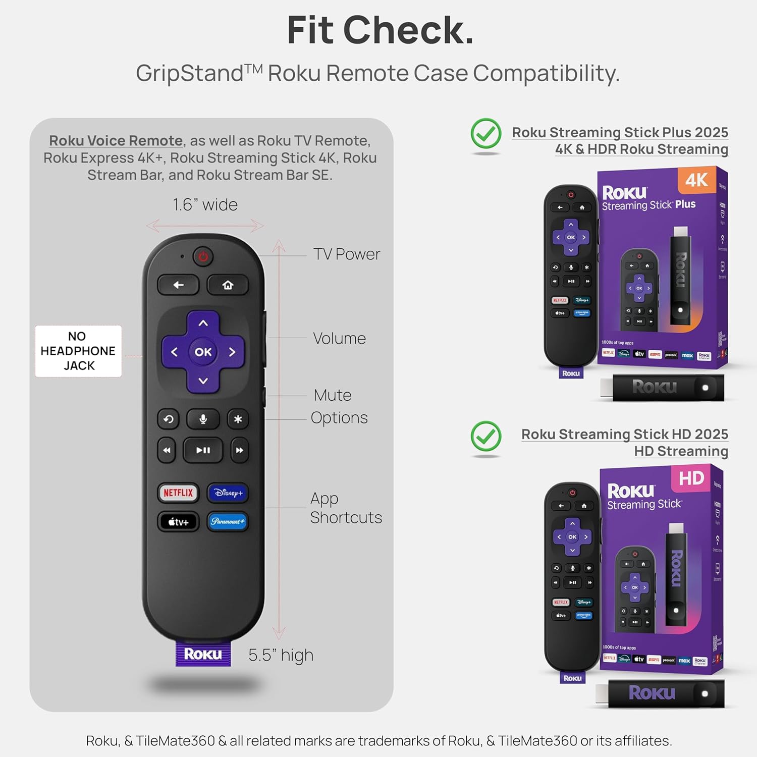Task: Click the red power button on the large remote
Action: [x=203, y=256]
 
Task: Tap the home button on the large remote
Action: [x=228, y=285]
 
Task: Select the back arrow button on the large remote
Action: [x=179, y=285]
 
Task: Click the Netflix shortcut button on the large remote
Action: [x=178, y=493]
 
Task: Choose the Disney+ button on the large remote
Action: [x=228, y=493]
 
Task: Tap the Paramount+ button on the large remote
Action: [x=228, y=521]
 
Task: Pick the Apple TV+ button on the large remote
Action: [x=178, y=522]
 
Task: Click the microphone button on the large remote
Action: [x=203, y=419]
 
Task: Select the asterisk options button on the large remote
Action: [x=238, y=419]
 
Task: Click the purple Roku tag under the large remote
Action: [x=203, y=654]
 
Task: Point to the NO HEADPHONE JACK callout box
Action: [x=78, y=351]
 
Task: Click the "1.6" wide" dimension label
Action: [x=205, y=205]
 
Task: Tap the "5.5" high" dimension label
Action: [x=281, y=655]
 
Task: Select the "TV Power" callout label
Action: [x=346, y=254]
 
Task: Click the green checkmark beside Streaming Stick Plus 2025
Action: [x=485, y=133]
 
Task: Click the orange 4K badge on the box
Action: [x=696, y=180]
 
